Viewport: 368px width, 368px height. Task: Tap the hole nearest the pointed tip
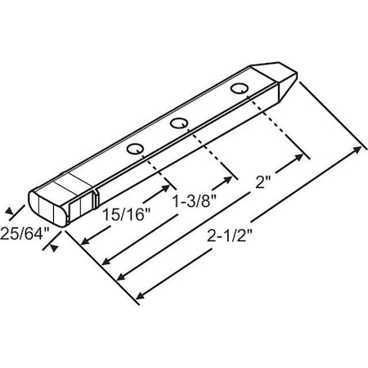(239, 88)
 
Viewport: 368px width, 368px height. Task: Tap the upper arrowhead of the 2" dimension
(309, 155)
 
